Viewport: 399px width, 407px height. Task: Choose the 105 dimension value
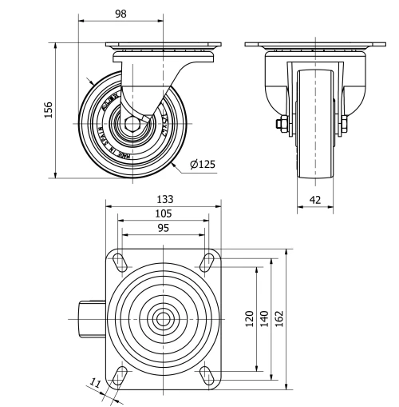163,213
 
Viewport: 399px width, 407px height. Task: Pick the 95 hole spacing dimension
163,228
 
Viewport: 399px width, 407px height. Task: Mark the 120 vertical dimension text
249,318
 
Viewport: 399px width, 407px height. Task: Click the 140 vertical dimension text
263,318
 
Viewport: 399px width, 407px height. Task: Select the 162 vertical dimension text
279,318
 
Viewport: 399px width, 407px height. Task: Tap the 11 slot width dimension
95,385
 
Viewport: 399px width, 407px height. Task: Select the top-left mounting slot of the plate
120,261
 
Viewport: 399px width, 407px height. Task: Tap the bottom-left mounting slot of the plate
120,374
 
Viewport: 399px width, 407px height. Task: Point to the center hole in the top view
163,317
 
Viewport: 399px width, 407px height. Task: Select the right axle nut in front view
346,124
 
